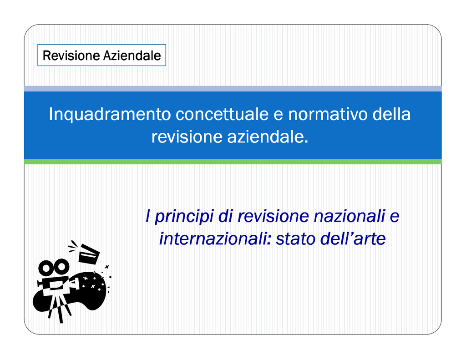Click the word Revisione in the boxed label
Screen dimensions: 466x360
click(71, 56)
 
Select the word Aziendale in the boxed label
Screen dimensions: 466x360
click(132, 56)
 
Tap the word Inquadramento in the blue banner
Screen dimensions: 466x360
click(110, 114)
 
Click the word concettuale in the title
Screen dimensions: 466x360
click(222, 114)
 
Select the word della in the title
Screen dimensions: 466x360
click(391, 114)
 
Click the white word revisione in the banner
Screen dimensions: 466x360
click(187, 137)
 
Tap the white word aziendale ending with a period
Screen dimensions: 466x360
click(268, 137)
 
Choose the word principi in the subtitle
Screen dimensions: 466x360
click(184, 217)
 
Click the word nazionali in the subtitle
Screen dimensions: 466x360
click(349, 216)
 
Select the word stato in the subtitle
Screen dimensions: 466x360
click(296, 239)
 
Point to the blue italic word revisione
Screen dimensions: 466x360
click(273, 217)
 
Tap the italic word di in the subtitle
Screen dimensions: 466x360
click(226, 216)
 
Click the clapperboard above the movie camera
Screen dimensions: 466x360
click(89, 254)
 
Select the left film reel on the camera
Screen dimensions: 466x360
click(46, 268)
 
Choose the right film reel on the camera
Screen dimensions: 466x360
click(62, 266)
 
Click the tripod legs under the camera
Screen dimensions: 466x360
click(59, 307)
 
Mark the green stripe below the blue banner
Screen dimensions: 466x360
click(233, 162)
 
